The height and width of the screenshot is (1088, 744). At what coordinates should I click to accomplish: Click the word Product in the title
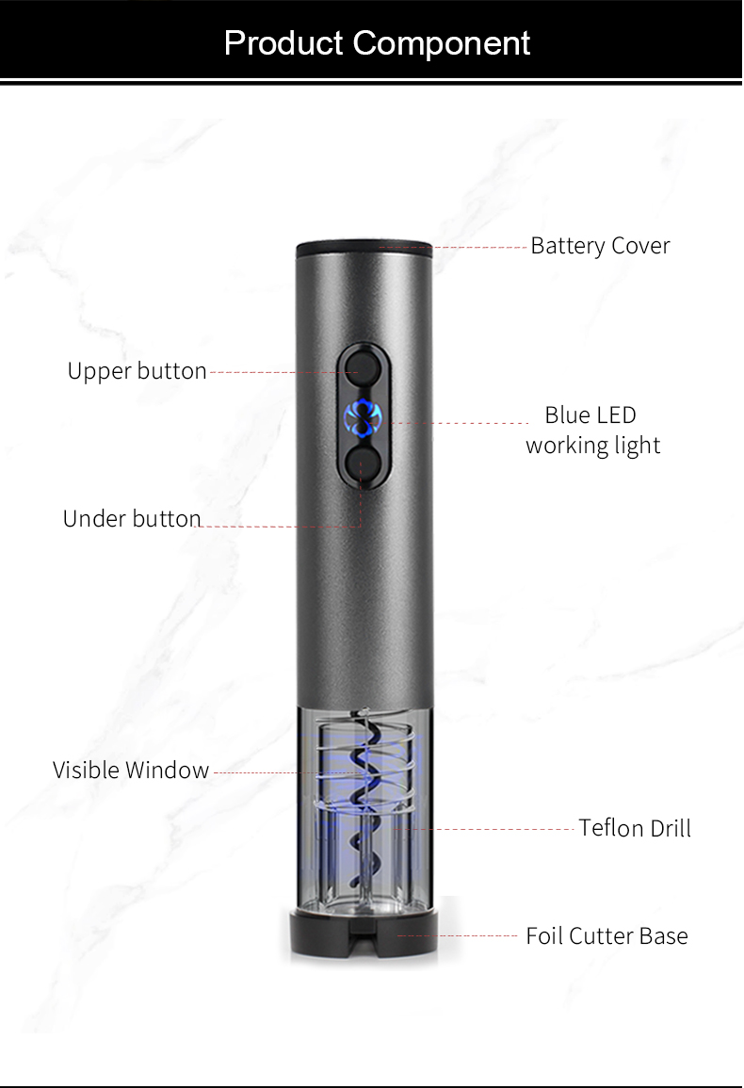283,43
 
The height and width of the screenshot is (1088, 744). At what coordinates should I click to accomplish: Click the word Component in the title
442,43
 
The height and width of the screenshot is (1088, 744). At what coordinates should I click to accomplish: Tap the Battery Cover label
600,246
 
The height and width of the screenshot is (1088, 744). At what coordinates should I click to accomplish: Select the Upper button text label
137,371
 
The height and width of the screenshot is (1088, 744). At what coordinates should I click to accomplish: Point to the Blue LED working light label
592,430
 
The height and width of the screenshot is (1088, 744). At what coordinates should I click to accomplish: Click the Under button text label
132,518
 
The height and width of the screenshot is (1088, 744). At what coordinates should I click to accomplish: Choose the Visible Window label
131,770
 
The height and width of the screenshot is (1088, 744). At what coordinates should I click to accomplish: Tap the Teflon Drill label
635,828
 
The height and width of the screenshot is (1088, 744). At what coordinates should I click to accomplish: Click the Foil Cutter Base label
607,936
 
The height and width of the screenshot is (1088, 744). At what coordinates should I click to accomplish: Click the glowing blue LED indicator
363,418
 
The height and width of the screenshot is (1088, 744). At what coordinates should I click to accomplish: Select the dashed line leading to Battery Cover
453,247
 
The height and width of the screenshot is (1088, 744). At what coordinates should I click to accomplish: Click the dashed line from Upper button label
283,373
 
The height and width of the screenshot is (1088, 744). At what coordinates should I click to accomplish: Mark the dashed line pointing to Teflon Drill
484,829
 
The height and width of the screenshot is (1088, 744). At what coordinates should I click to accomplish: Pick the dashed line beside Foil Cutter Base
458,936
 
